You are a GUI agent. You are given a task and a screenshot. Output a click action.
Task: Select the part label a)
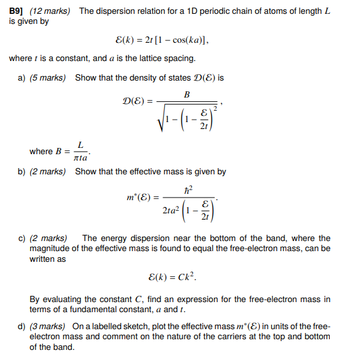[23, 77]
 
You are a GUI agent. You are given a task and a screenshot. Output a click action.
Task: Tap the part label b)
[23, 171]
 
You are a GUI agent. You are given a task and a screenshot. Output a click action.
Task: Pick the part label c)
[23, 238]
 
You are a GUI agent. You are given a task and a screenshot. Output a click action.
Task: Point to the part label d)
[23, 326]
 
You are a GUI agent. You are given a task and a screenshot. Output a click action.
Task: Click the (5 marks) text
[52, 77]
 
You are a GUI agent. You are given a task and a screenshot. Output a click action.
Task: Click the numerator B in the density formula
[187, 95]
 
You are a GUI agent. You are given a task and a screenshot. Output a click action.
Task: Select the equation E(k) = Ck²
[176, 277]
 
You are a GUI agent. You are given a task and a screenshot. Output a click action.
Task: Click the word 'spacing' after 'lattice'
[181, 59]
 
